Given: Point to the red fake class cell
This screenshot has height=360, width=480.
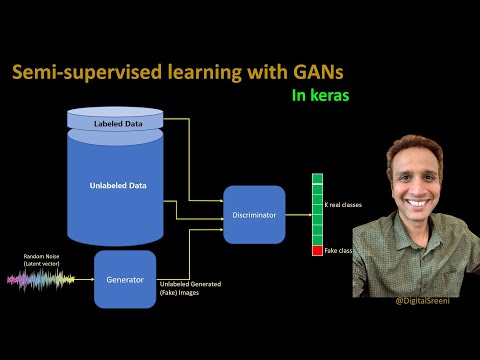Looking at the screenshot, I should pyautogui.click(x=317, y=250).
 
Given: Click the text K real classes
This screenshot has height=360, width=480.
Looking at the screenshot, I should pyautogui.click(x=343, y=205).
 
